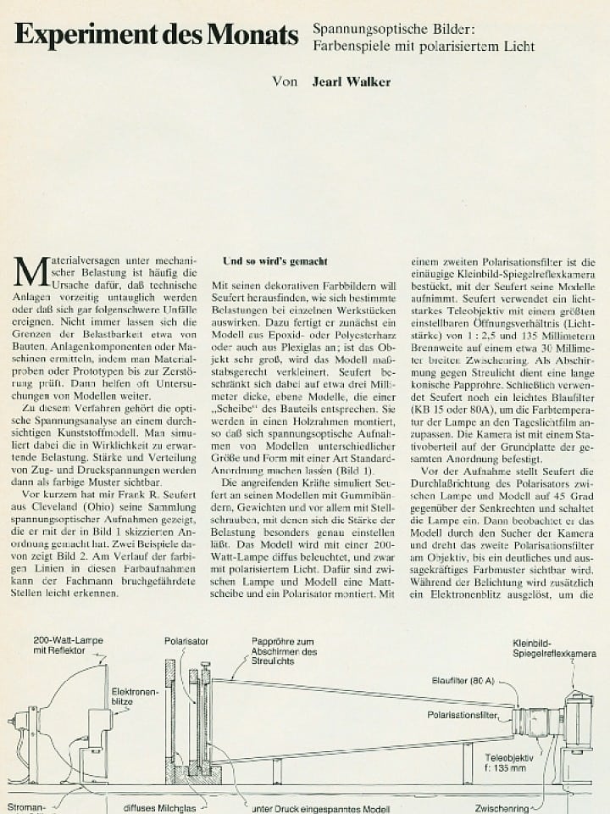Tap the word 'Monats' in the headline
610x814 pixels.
[x=254, y=35]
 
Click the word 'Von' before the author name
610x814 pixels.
[x=286, y=82]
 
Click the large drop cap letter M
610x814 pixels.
[x=29, y=273]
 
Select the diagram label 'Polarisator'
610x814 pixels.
[x=186, y=642]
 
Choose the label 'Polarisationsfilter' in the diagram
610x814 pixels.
[x=463, y=715]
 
